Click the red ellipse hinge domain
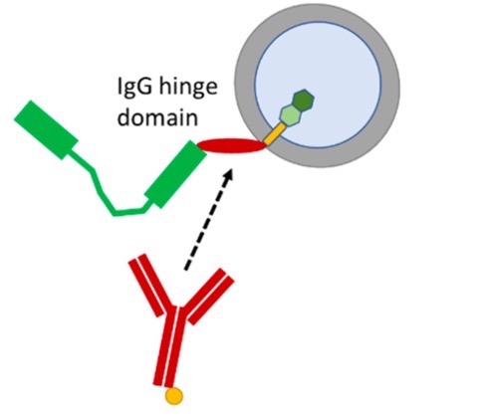tap(232, 147)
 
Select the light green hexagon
tap(290, 116)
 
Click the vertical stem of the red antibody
tap(170, 348)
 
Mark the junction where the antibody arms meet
tap(174, 313)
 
